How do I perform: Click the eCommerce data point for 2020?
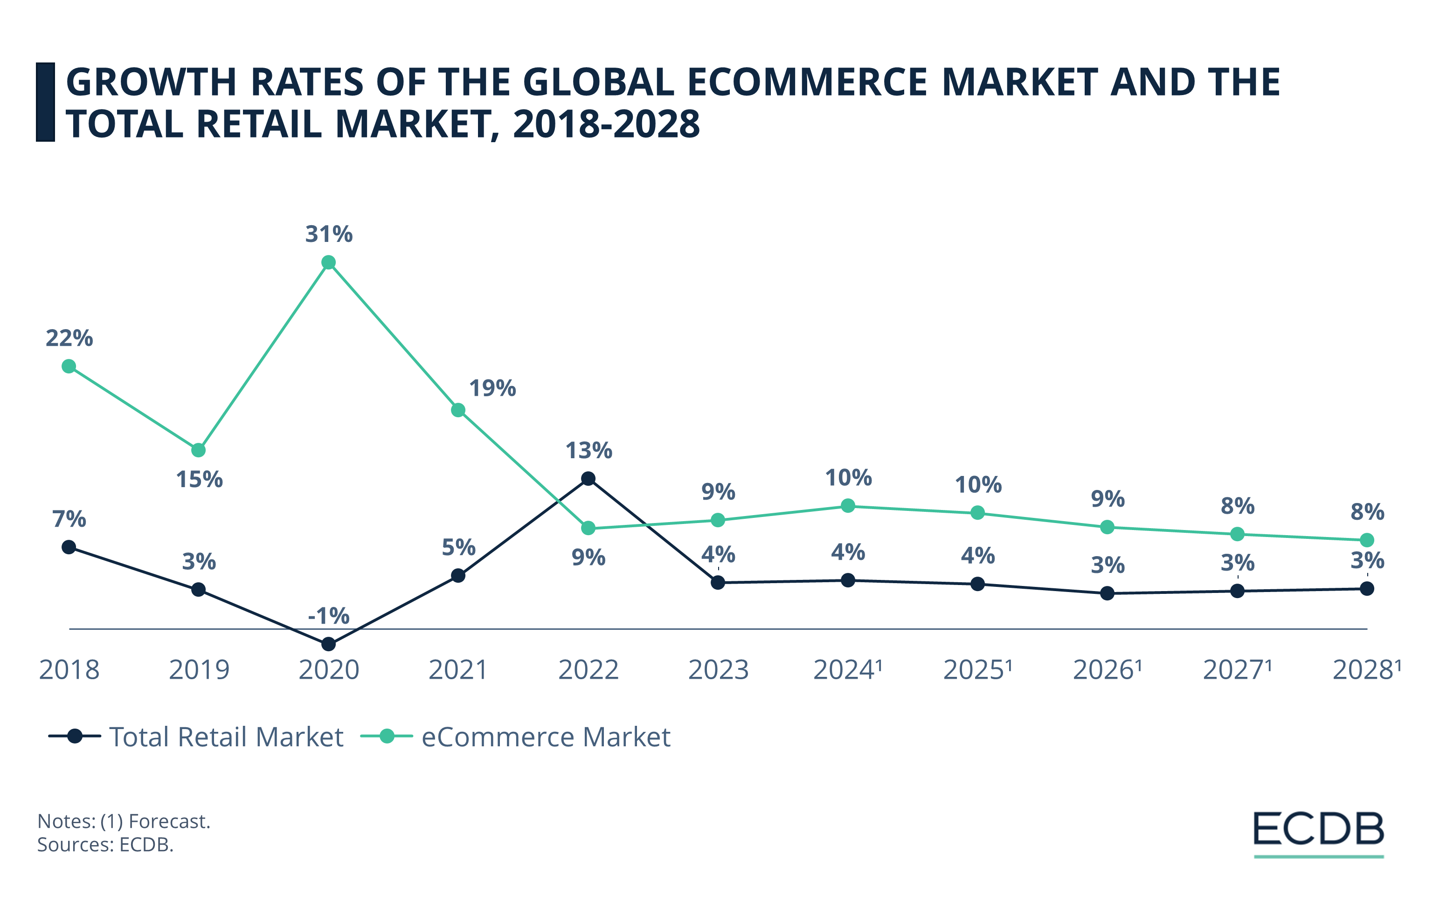coord(328,262)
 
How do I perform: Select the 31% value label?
coord(329,234)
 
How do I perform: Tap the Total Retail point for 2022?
coord(588,479)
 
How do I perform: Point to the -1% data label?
coord(328,616)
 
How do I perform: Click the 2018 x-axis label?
coord(69,670)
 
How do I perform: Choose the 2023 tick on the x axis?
coord(718,670)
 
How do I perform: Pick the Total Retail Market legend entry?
coord(197,737)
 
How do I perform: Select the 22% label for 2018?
coord(69,338)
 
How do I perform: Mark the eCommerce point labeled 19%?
coord(458,410)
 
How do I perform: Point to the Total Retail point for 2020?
coord(328,644)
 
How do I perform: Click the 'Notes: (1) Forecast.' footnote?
coord(124,821)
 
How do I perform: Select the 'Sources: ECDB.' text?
coord(105,845)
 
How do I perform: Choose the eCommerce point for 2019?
coord(199,450)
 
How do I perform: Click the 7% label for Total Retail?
coord(69,519)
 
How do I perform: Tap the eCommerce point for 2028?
coord(1367,540)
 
